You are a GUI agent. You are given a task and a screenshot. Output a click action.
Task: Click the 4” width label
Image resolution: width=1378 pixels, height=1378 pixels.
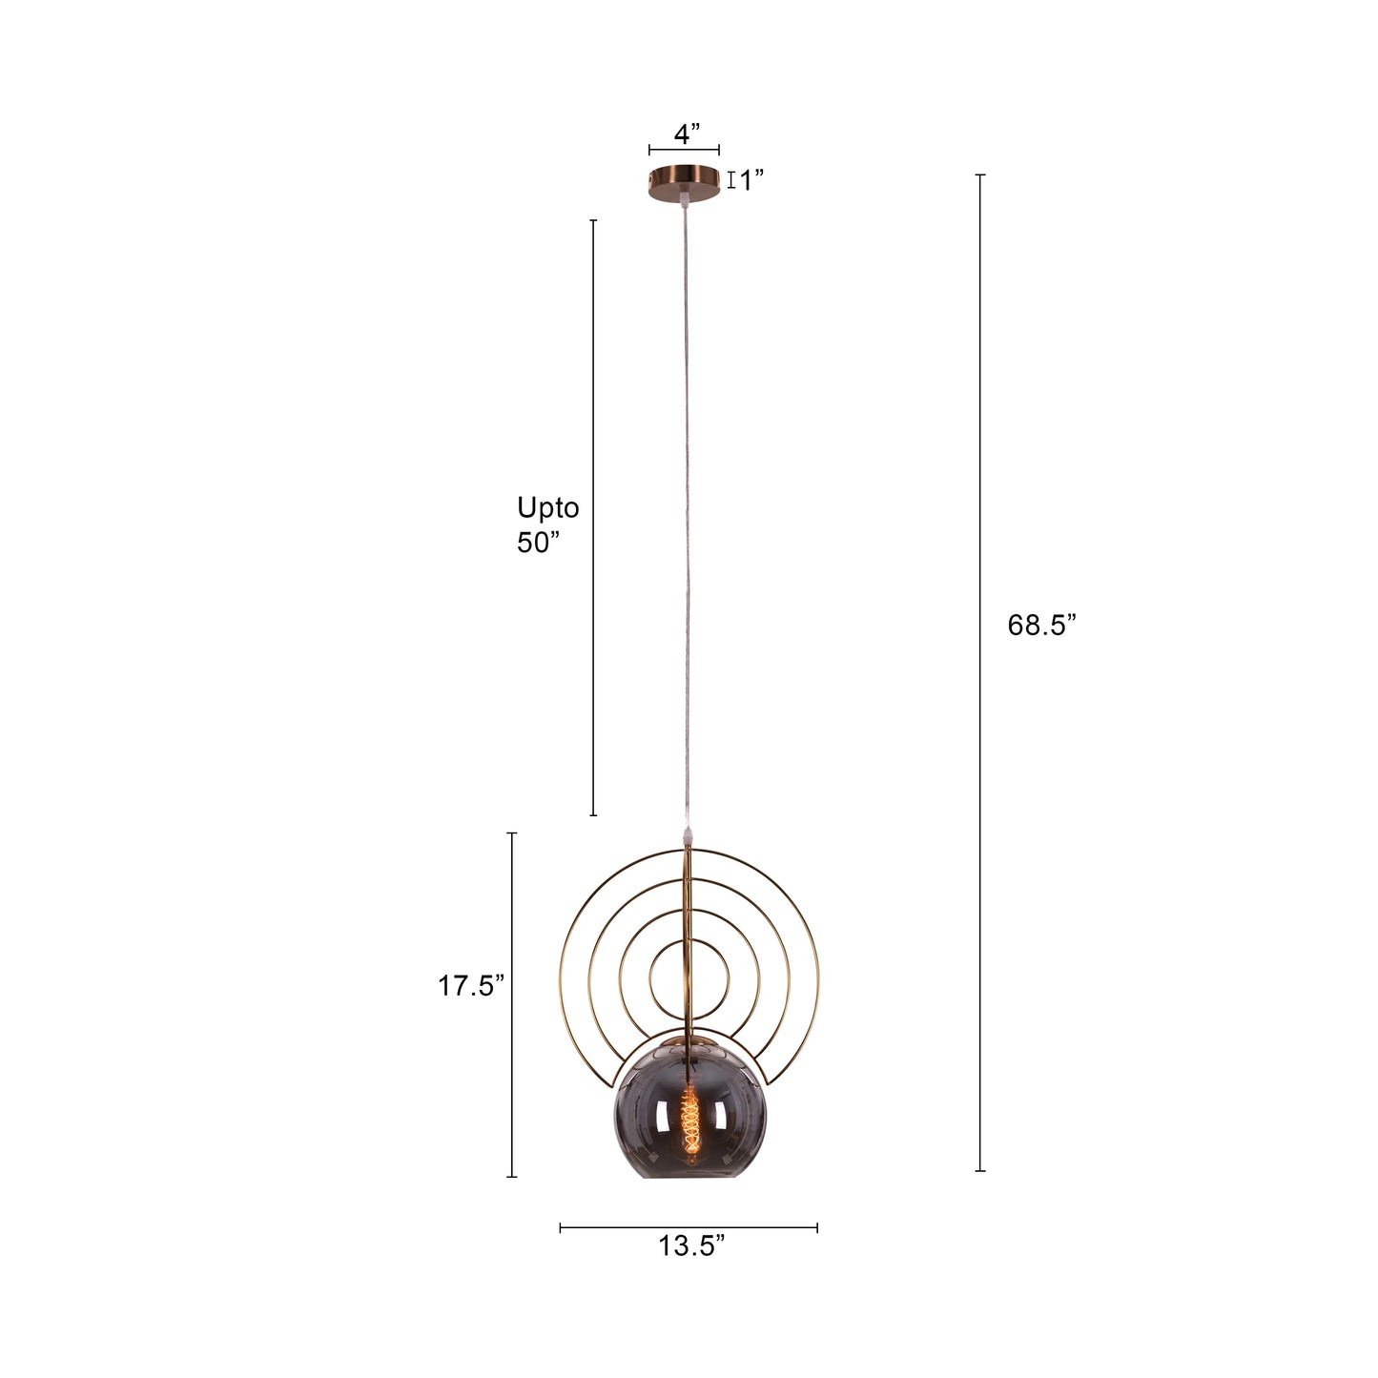687,134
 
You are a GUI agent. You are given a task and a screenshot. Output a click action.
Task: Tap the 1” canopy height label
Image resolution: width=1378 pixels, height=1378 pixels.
751,180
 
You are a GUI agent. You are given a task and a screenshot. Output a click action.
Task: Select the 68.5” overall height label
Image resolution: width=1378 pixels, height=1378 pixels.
1041,626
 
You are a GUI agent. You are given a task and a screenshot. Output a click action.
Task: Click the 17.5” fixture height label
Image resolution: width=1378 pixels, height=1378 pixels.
470,986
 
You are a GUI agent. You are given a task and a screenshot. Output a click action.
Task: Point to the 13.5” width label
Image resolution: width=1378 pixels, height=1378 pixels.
691,1246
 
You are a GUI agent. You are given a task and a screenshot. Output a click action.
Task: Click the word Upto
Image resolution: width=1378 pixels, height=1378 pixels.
547,507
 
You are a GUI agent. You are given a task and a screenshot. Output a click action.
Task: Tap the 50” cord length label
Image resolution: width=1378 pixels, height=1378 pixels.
538,543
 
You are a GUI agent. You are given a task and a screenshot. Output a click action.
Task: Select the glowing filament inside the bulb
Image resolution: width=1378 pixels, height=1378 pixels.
689,1121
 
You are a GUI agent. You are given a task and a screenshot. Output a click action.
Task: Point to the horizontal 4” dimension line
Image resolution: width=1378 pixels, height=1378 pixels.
684,151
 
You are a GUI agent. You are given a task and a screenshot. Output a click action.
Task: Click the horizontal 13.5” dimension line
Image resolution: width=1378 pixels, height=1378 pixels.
689,1228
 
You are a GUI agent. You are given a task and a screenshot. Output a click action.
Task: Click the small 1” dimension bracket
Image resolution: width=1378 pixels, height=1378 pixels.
731,180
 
